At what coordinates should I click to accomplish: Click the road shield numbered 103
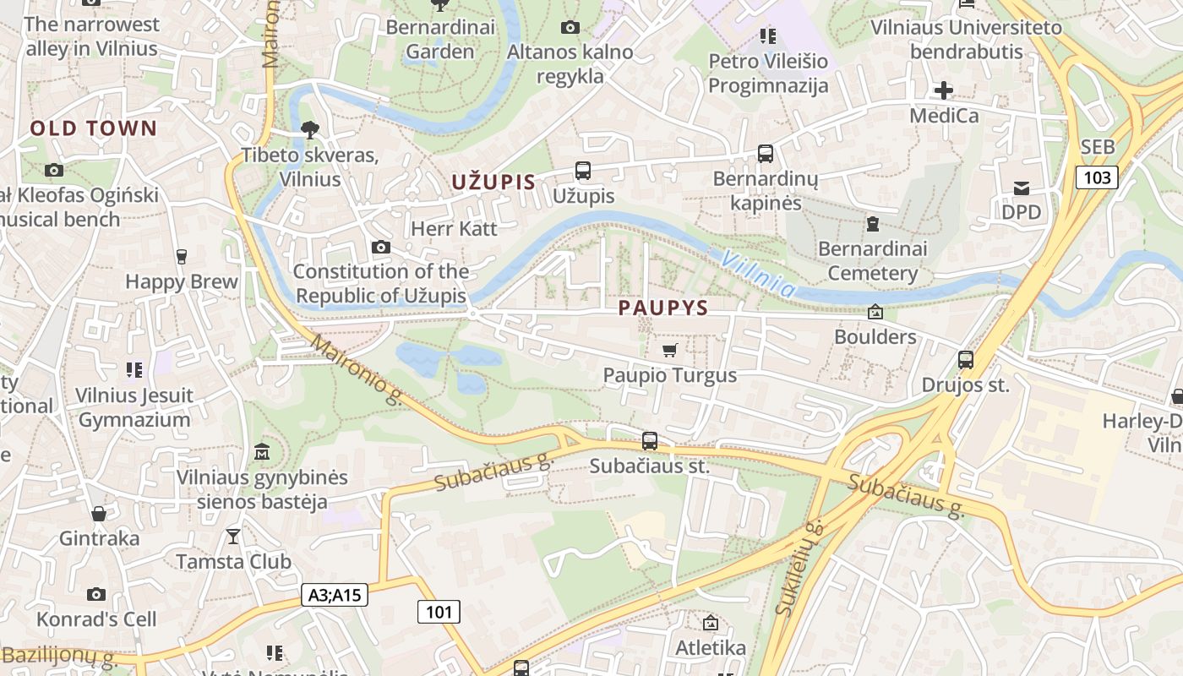pos(1097,177)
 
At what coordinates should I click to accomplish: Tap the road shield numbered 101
pos(439,611)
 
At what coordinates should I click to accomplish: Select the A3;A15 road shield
pos(335,595)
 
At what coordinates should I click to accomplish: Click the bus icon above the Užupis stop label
pos(583,170)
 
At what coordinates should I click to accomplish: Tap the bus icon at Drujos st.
pos(966,360)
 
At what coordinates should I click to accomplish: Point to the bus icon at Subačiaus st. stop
pos(649,440)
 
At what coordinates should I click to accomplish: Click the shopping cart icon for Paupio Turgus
pos(670,350)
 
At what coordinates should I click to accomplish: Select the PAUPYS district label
pos(663,308)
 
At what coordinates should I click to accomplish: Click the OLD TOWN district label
pos(94,128)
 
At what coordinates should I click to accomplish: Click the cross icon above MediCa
pos(944,90)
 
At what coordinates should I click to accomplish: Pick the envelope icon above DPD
pos(1022,188)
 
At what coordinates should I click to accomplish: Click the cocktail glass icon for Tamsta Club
pos(233,536)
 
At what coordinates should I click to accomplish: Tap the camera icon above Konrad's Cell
pos(96,594)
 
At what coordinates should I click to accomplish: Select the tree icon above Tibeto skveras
pos(310,129)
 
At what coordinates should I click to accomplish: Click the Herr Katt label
pos(454,228)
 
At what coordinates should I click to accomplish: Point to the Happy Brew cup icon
pos(181,256)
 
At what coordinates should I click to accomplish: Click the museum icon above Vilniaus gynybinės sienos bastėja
pos(262,452)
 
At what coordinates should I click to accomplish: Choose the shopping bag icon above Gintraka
pos(99,513)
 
